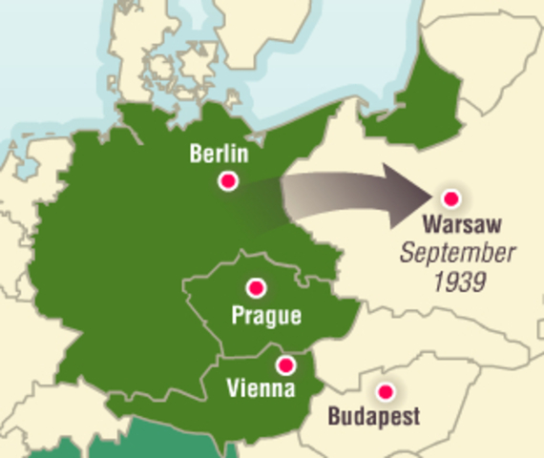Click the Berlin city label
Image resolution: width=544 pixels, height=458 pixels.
(219, 155)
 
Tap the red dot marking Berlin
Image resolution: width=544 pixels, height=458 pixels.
(228, 180)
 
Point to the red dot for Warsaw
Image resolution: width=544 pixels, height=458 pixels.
(451, 198)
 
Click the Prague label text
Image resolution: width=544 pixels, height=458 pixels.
(266, 315)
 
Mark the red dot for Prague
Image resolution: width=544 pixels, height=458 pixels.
(256, 287)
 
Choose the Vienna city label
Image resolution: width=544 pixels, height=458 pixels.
(261, 388)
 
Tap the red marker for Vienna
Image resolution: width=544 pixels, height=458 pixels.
(285, 365)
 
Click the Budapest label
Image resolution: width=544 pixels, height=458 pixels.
(373, 417)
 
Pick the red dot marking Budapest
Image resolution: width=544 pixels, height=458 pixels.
(386, 391)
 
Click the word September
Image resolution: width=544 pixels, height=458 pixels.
(458, 254)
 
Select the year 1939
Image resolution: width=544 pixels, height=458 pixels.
(458, 281)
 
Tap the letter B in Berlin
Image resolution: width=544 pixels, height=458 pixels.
(196, 155)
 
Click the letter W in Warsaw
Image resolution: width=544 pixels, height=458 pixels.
(431, 226)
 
